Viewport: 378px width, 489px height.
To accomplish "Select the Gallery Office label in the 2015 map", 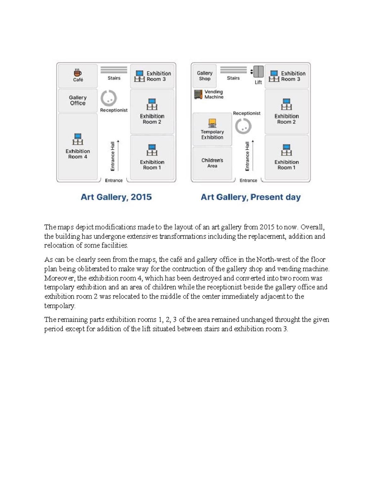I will click(x=78, y=100).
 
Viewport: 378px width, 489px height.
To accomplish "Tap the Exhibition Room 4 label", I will click(x=78, y=154).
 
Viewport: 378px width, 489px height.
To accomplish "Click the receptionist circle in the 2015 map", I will click(x=109, y=98).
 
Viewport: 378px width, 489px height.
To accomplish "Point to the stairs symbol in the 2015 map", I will click(x=114, y=70).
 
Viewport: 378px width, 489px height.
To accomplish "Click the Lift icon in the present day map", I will click(x=259, y=72).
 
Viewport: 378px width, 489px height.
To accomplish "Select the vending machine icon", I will click(x=198, y=94).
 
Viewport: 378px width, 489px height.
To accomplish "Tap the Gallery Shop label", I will click(x=205, y=76).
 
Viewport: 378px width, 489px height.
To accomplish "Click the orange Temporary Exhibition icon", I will click(x=212, y=123).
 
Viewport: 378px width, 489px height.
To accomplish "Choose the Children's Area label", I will click(x=212, y=163).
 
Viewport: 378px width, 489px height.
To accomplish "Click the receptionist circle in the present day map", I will click(x=243, y=126).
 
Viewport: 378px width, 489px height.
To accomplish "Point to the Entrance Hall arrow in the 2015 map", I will click(x=118, y=156).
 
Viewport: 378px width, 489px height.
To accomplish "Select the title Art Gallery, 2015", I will click(x=116, y=197).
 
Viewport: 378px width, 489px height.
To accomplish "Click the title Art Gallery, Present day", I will click(x=251, y=197).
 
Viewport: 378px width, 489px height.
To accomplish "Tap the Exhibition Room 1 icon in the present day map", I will click(x=286, y=150).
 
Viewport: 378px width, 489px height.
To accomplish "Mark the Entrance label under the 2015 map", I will click(x=114, y=180).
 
